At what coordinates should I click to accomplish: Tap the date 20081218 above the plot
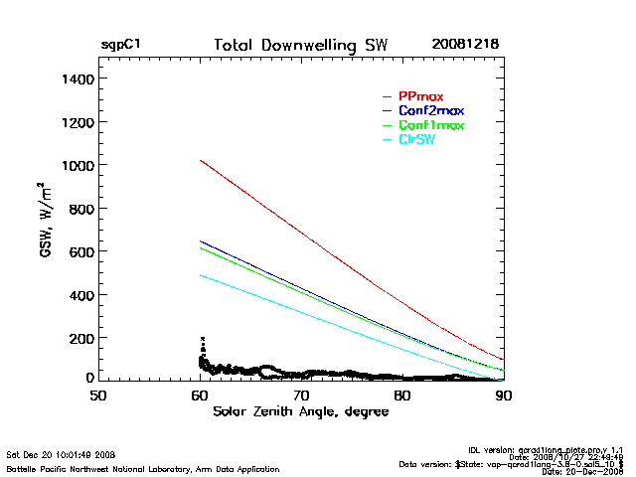[465, 45]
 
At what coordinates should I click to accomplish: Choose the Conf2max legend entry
[430, 110]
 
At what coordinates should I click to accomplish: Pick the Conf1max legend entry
[430, 125]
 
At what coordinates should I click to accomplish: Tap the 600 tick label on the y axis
[79, 251]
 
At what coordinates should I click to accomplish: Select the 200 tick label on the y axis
[79, 338]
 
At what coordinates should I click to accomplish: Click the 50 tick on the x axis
[98, 395]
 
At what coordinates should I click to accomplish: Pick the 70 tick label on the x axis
[301, 395]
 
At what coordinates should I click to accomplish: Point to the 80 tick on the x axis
[402, 395]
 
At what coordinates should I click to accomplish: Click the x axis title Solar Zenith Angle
[300, 410]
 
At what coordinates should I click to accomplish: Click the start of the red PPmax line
[201, 160]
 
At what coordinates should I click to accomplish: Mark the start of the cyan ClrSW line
[201, 275]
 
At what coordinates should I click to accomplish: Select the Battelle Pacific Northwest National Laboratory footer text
[142, 468]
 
